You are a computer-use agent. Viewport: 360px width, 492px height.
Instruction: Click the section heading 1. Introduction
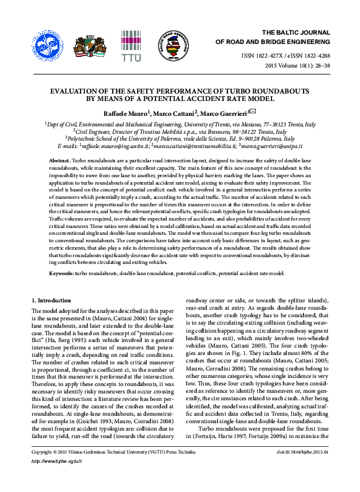click(53, 301)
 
